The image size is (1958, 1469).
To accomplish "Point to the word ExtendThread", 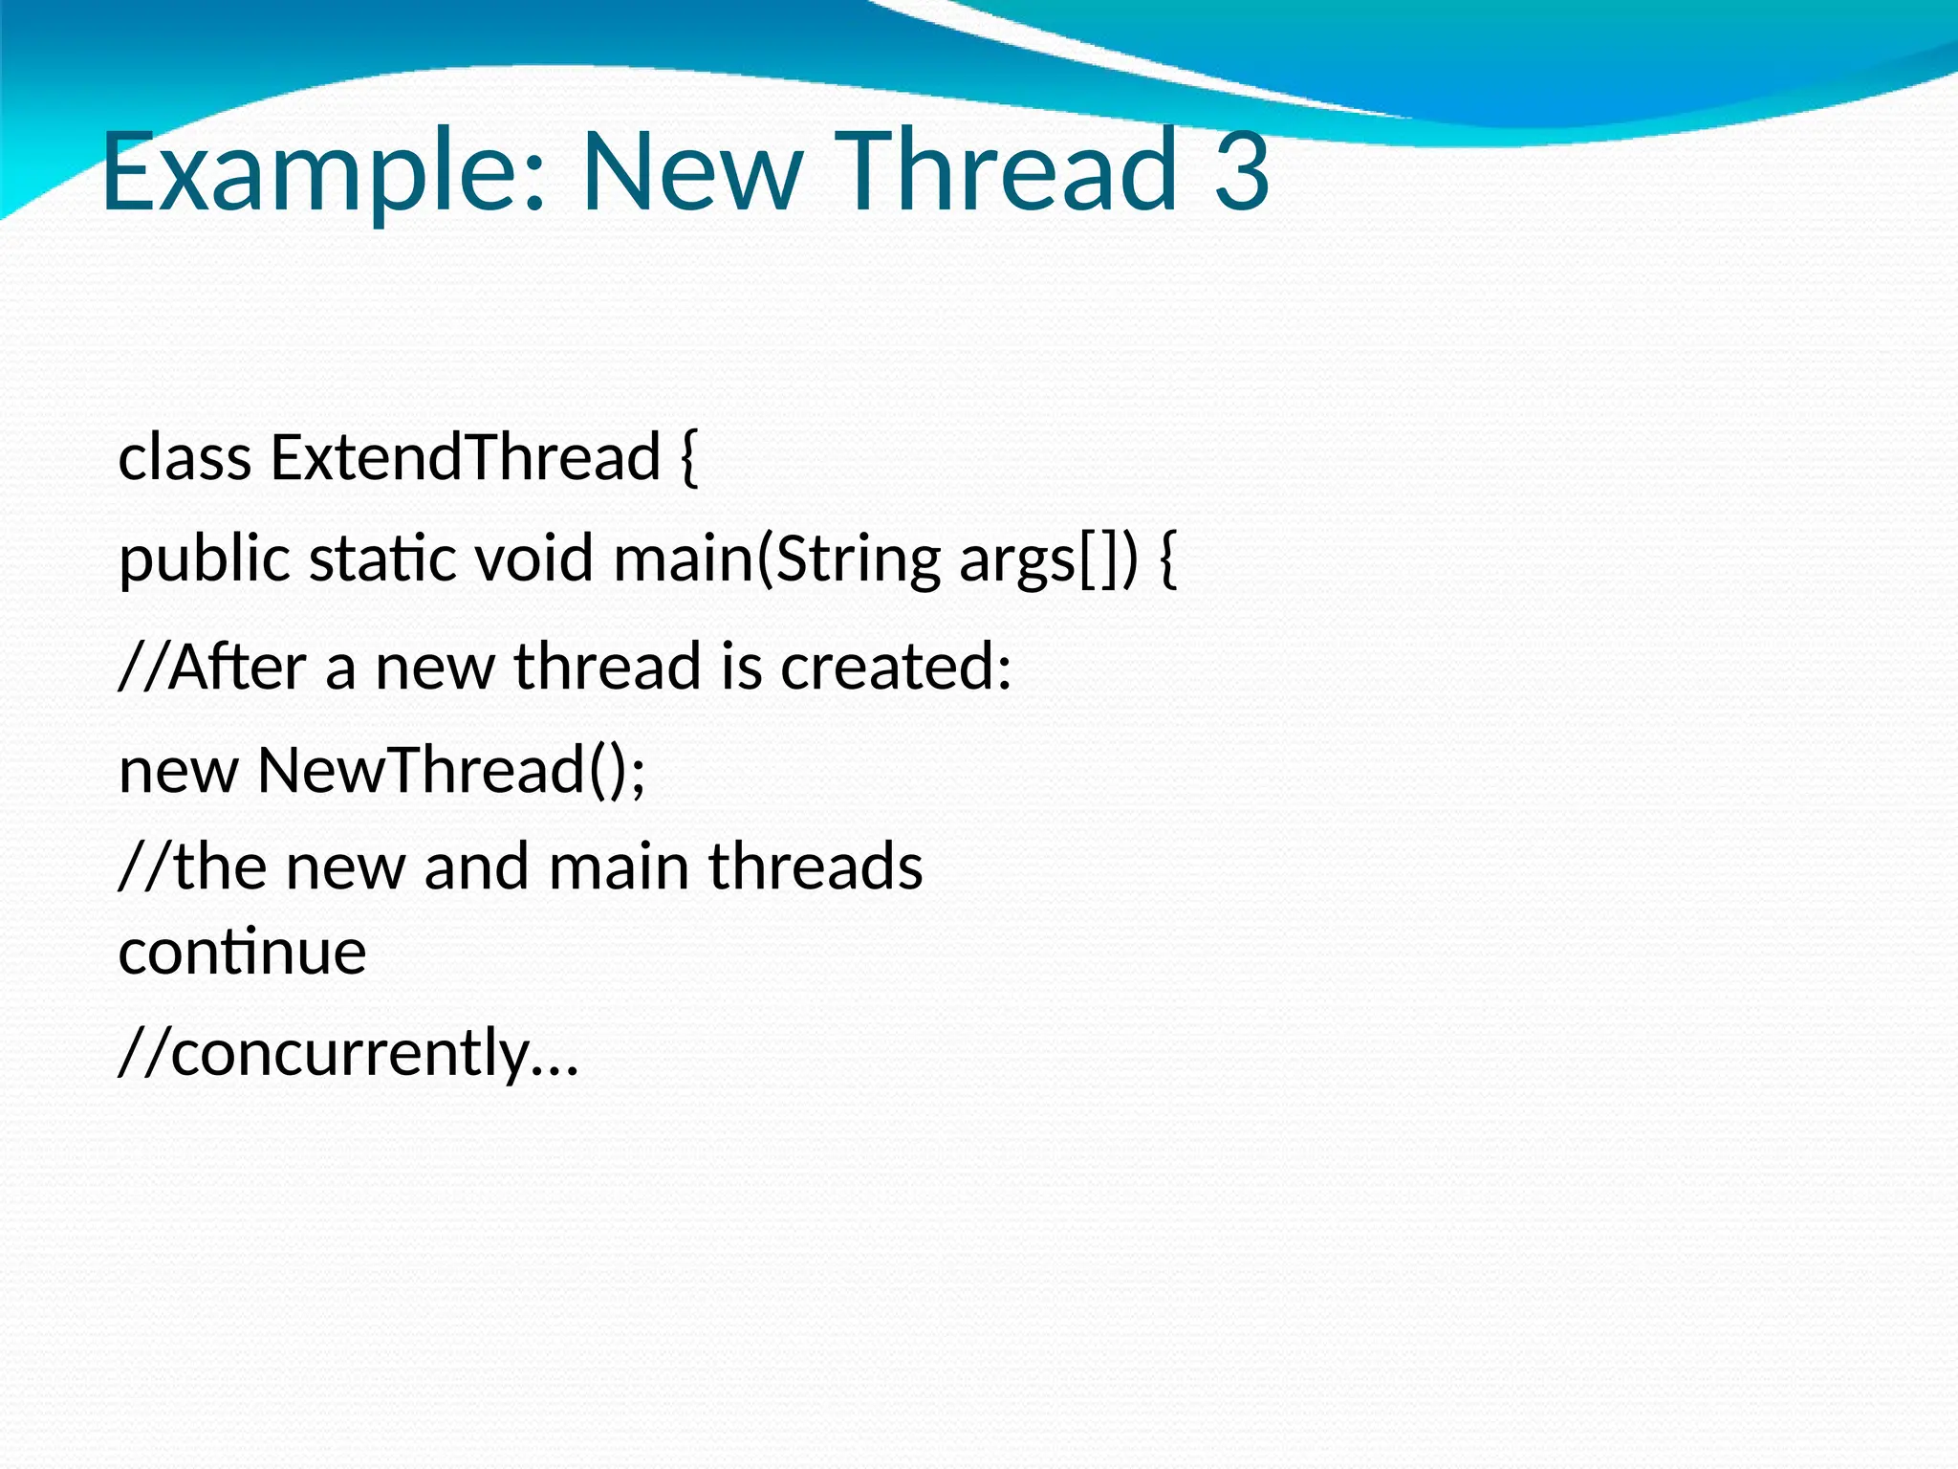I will [466, 457].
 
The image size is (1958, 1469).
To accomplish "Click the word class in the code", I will [185, 457].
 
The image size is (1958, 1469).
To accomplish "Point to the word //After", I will [211, 667].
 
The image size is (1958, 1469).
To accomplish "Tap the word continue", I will [242, 952].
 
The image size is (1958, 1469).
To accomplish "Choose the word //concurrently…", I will [349, 1053].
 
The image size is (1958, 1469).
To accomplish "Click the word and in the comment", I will [476, 866].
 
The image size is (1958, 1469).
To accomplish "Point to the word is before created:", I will [742, 667].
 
